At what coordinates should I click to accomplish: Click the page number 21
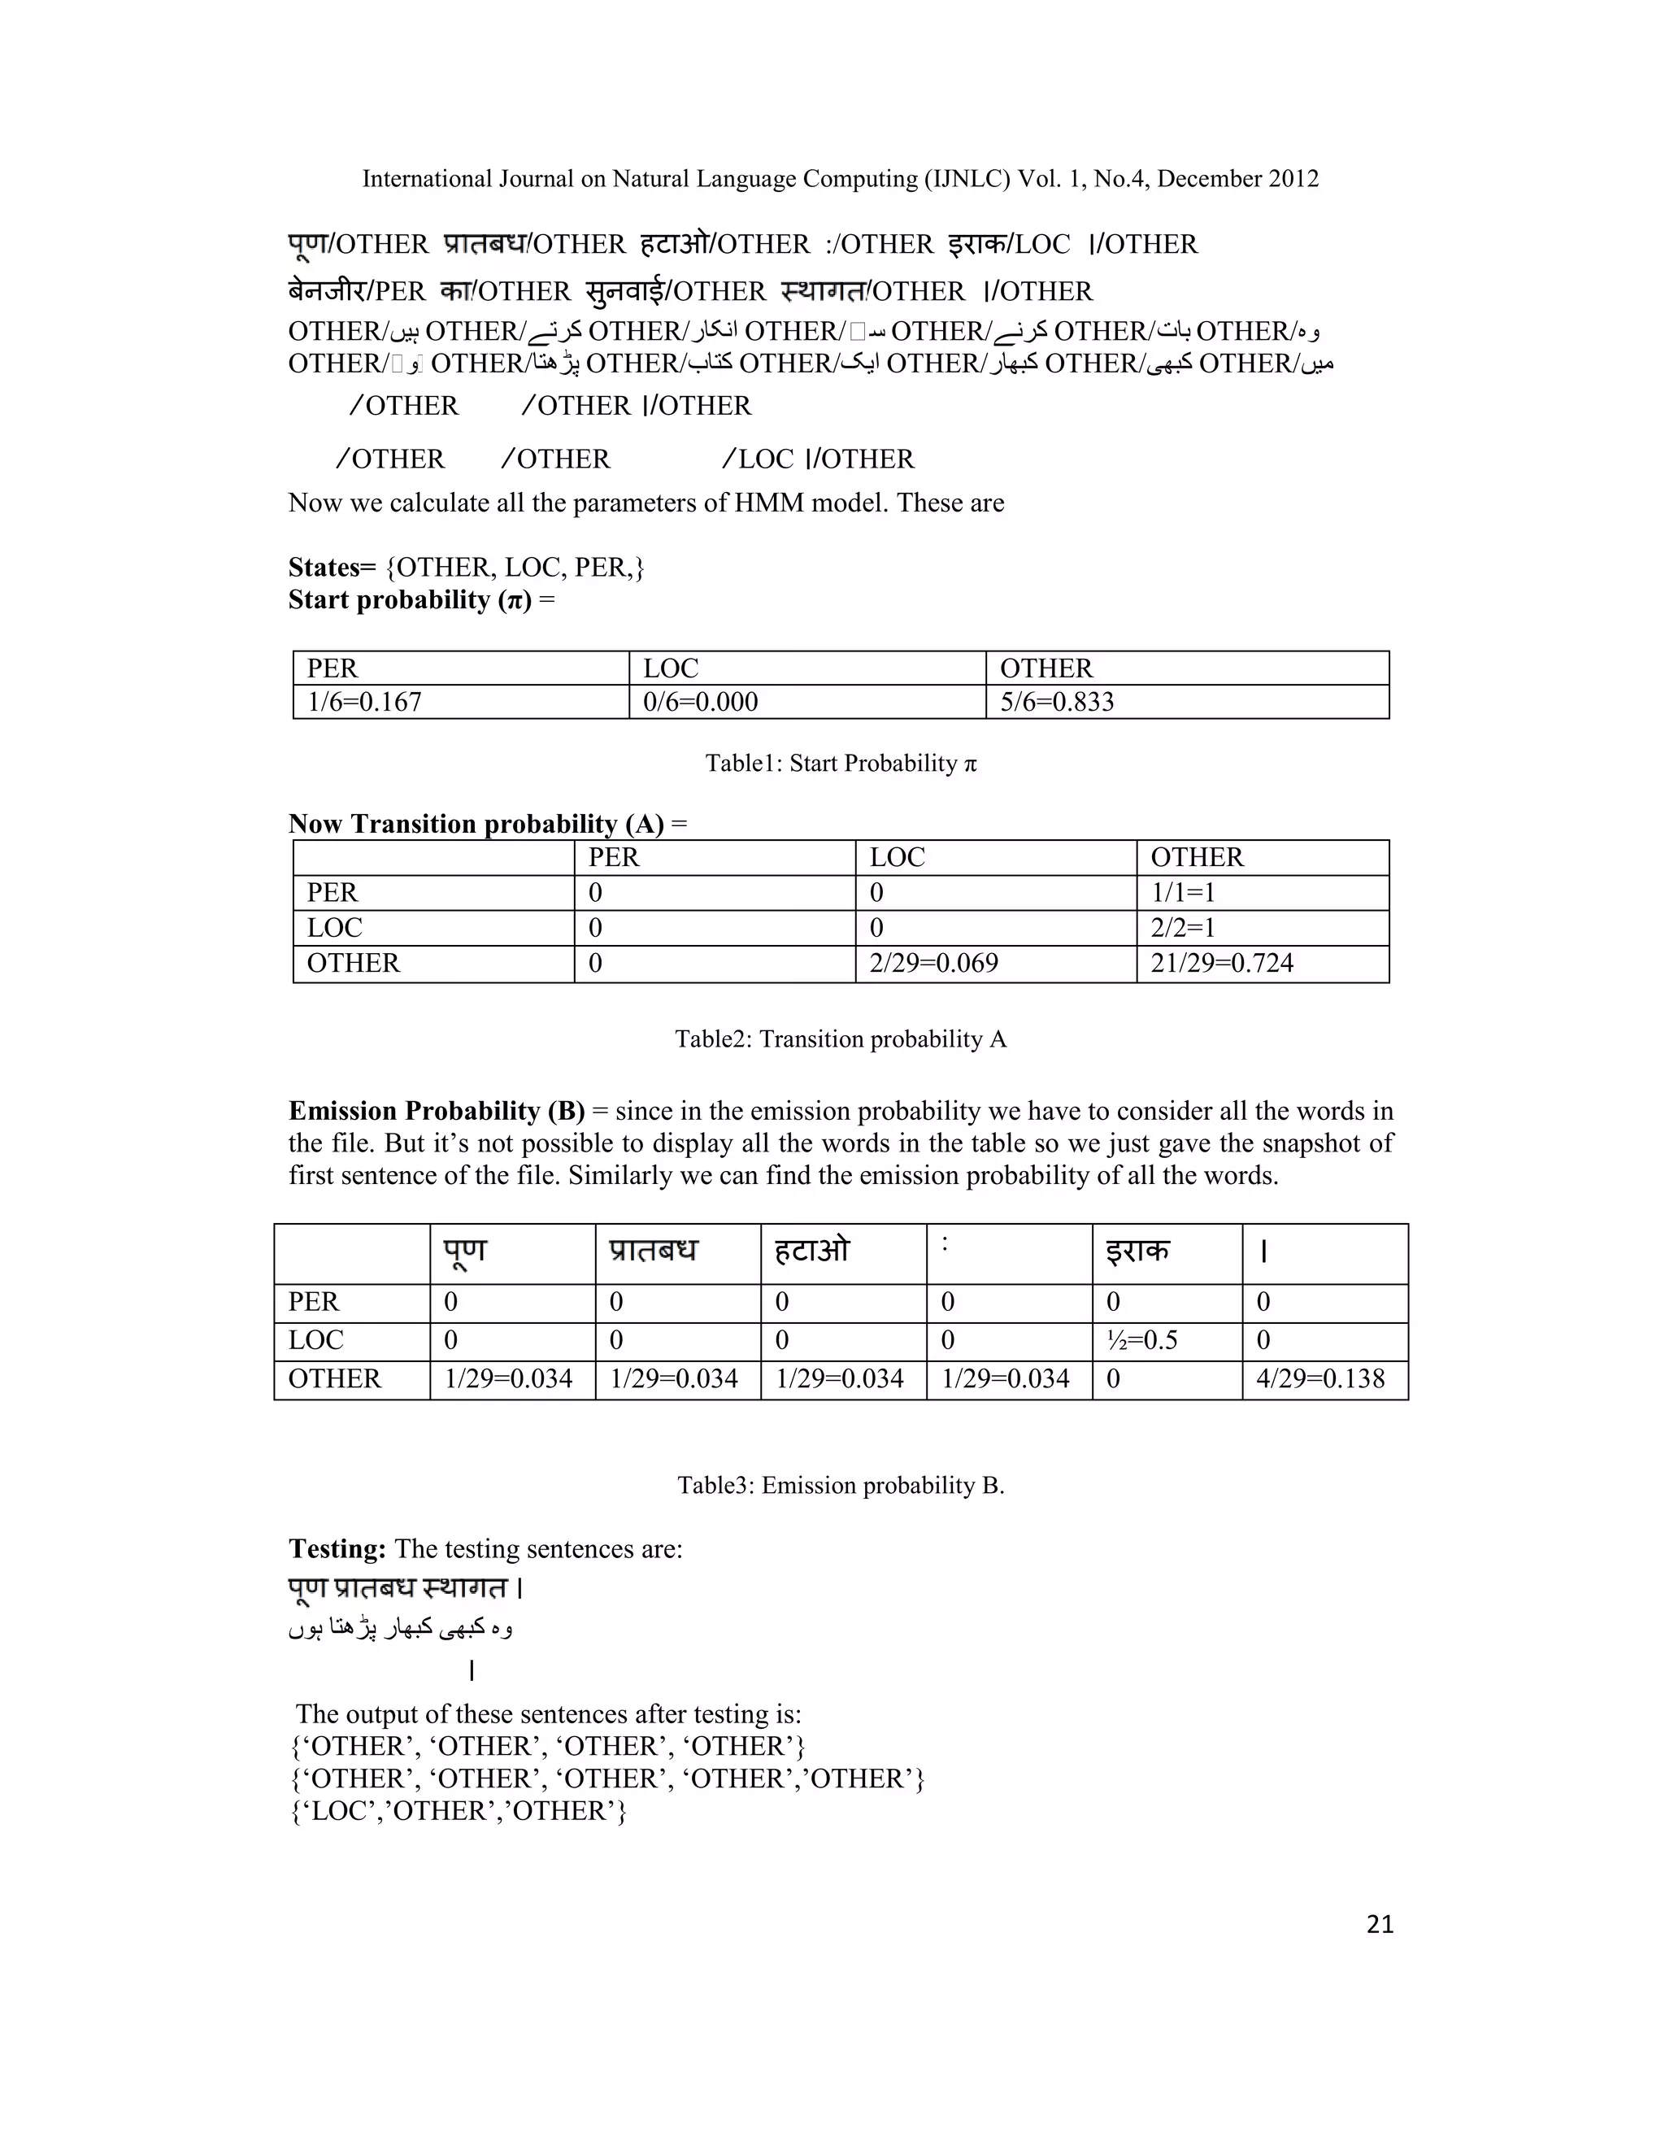coord(1379,1924)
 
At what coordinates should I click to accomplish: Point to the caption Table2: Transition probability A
coord(841,1039)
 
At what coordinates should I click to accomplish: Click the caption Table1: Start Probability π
coord(841,763)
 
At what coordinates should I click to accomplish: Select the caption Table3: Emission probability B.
coord(841,1485)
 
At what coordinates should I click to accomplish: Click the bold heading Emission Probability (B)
coord(436,1111)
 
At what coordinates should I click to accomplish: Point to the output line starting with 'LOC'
coord(459,1811)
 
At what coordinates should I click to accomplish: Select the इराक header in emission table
coord(1137,1252)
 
